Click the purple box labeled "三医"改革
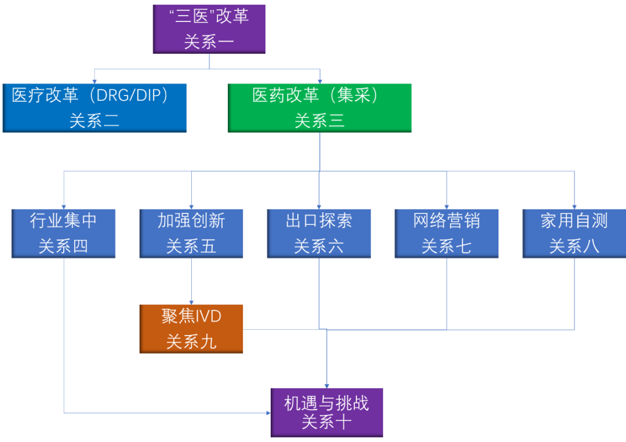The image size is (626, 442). click(209, 28)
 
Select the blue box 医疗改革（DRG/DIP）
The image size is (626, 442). click(94, 108)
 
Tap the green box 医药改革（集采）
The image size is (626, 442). click(319, 108)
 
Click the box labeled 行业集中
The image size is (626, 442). click(63, 233)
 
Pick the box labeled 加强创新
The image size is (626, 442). click(191, 233)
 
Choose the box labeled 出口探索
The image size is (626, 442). click(319, 233)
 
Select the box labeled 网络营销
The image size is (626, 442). click(446, 233)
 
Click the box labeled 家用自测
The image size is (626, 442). click(574, 233)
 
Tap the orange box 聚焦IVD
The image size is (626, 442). click(191, 328)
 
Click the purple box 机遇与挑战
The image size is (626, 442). click(326, 412)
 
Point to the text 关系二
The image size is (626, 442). click(94, 120)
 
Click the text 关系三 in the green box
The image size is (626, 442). click(319, 120)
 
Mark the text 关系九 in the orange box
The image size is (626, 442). click(191, 341)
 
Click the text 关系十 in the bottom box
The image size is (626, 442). click(326, 422)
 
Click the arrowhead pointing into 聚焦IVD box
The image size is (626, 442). click(191, 301)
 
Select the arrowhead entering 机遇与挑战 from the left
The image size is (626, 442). click(268, 412)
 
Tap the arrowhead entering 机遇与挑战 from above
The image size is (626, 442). click(326, 385)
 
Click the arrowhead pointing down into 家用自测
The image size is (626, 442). click(574, 207)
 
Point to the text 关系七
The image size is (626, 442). click(446, 246)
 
